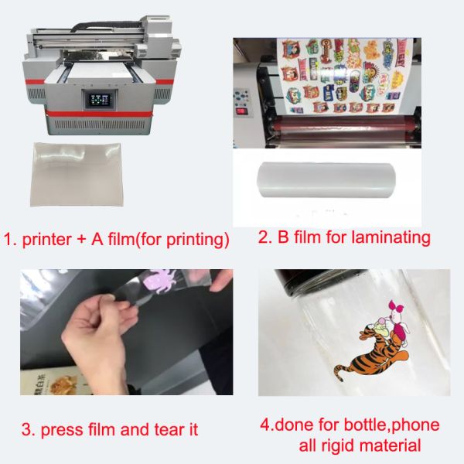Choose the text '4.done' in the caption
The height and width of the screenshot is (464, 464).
pyautogui.click(x=291, y=425)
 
